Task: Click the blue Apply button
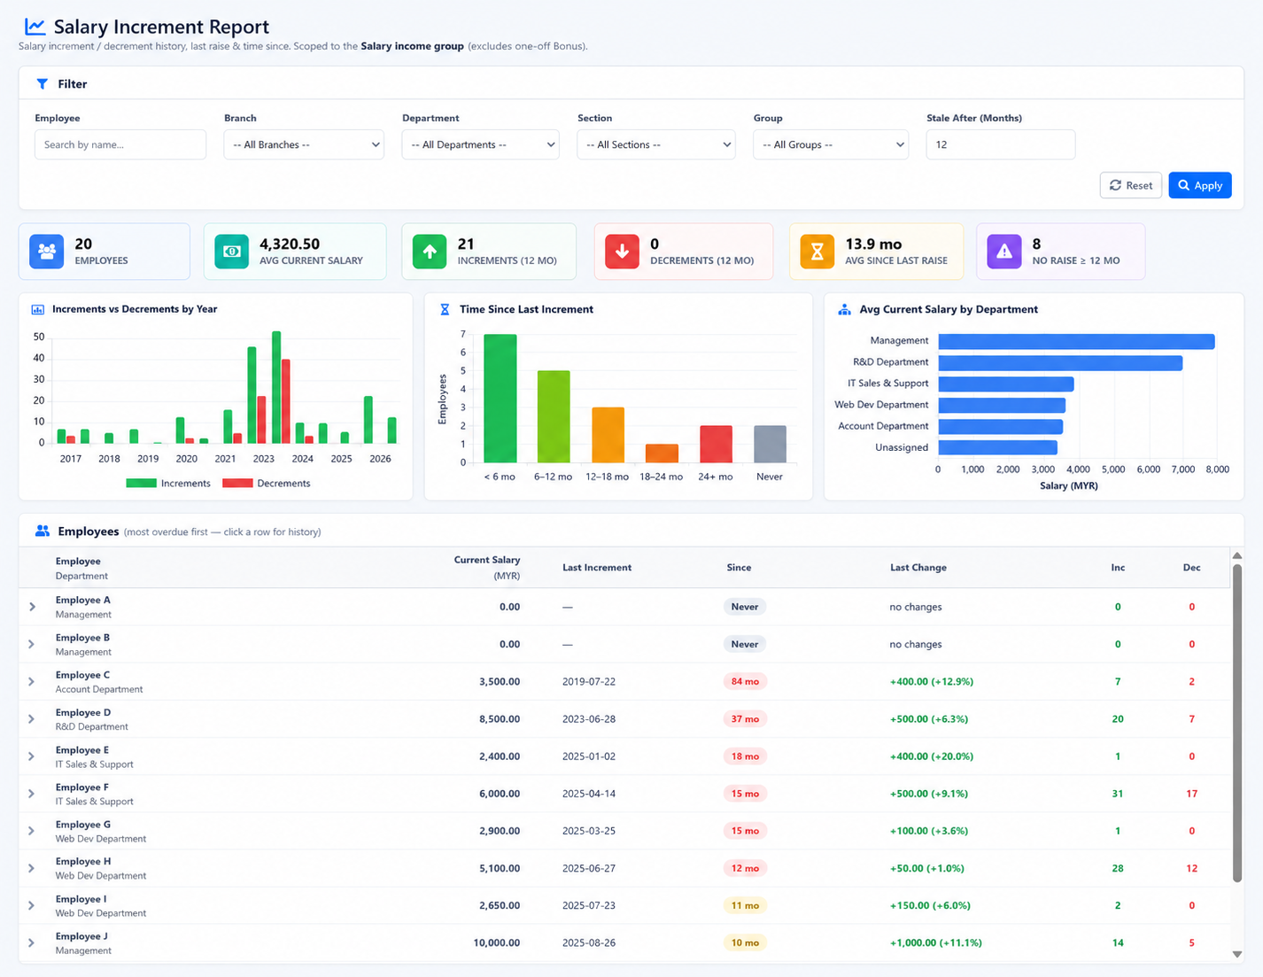click(1199, 185)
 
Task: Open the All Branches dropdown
click(304, 144)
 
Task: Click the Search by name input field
click(120, 144)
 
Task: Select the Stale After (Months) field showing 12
click(1000, 144)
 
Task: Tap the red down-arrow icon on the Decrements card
click(622, 251)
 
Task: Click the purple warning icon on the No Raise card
click(1004, 251)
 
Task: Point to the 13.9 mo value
click(873, 244)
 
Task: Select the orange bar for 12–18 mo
click(608, 435)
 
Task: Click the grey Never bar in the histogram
click(771, 444)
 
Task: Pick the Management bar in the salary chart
click(1076, 341)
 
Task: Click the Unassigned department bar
click(997, 447)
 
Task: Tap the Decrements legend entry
click(267, 483)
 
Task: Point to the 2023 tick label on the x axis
click(263, 459)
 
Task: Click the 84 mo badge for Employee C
click(745, 681)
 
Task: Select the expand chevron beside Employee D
click(32, 719)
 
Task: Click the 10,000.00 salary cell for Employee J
click(496, 942)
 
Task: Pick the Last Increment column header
click(597, 567)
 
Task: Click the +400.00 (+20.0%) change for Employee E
click(932, 756)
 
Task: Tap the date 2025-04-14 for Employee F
click(589, 794)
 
